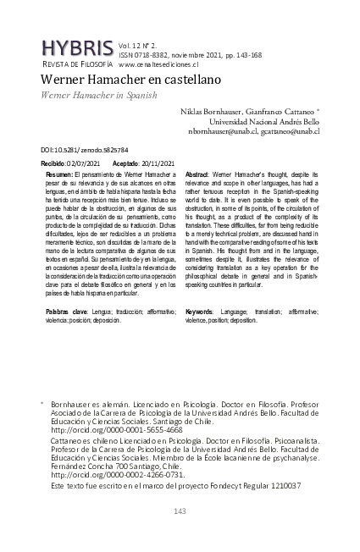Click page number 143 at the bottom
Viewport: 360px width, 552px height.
pyautogui.click(x=180, y=511)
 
